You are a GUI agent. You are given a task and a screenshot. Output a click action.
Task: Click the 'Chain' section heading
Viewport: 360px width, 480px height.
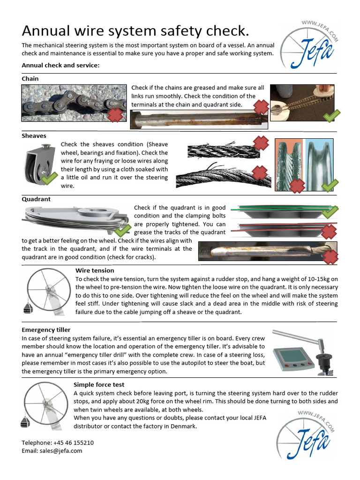point(30,79)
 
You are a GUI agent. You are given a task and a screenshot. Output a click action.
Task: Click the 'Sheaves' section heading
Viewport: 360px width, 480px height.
point(34,135)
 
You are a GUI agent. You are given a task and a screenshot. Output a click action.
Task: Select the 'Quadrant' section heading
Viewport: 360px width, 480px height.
point(36,199)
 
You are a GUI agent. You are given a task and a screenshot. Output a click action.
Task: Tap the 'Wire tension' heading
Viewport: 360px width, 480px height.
point(95,270)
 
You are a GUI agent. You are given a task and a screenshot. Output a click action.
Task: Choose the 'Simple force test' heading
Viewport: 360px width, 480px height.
point(98,384)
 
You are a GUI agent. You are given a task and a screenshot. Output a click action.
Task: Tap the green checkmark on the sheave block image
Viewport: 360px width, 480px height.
point(47,179)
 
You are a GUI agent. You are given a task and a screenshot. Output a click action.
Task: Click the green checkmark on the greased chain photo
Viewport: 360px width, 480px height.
point(331,115)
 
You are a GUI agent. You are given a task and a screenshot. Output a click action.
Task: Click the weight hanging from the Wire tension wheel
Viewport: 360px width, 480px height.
point(28,308)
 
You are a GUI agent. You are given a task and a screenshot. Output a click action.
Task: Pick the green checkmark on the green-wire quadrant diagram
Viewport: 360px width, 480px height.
point(330,211)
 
